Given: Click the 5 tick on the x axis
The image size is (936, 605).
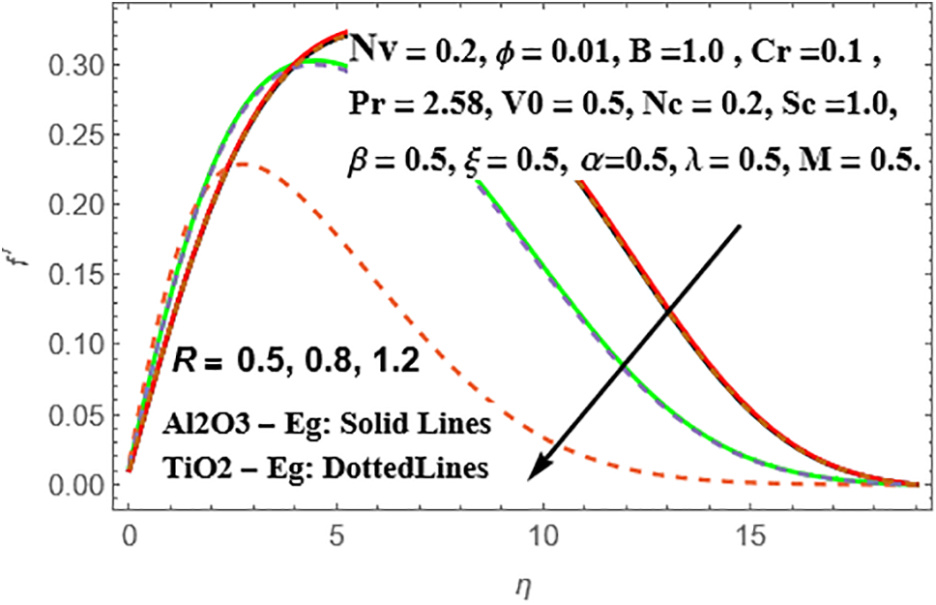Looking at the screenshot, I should pyautogui.click(x=336, y=533).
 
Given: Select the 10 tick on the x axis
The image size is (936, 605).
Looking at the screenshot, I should pyautogui.click(x=543, y=533).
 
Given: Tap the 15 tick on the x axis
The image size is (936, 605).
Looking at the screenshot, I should pyautogui.click(x=751, y=533).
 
